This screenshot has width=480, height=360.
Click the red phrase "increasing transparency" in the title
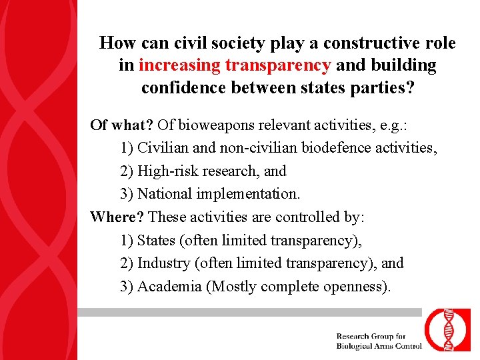[235, 65]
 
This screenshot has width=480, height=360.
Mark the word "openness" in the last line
[357, 286]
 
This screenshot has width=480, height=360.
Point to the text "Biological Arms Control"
[379, 345]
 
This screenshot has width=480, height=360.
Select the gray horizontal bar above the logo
[250, 312]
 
